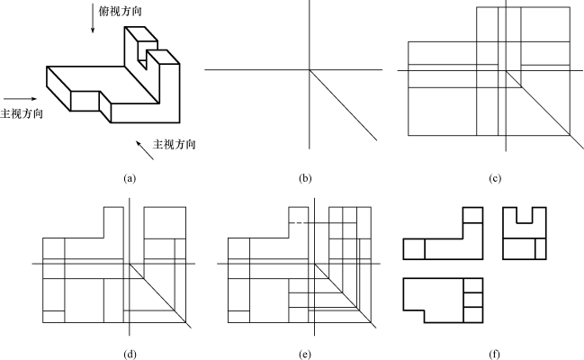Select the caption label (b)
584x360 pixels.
[306, 178]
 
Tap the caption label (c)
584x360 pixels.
[494, 178]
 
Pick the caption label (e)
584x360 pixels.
[306, 352]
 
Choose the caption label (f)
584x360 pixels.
[494, 352]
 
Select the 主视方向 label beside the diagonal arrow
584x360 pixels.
[175, 144]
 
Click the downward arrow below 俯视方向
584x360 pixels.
[92, 26]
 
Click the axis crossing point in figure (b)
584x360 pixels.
[310, 69]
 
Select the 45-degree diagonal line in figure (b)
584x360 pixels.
[346, 106]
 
